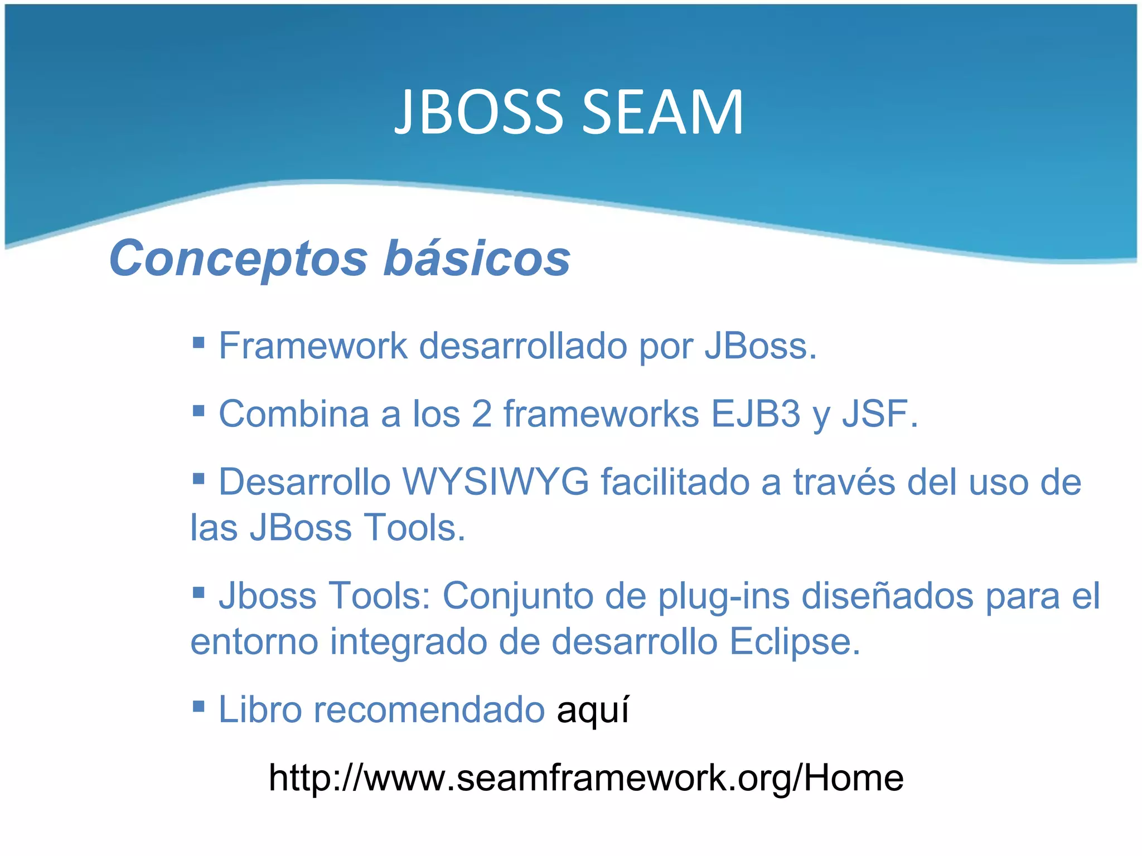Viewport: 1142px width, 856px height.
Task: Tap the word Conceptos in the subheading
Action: [x=239, y=259]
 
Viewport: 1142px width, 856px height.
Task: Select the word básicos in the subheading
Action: [x=477, y=259]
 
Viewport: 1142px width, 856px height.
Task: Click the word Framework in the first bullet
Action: [x=313, y=346]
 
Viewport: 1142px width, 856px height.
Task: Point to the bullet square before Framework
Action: [x=199, y=342]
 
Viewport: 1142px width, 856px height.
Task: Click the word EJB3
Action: [x=756, y=414]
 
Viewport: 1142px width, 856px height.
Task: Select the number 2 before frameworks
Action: [x=481, y=414]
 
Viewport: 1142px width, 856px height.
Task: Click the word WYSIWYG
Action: [x=496, y=482]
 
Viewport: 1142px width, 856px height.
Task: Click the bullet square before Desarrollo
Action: [x=199, y=478]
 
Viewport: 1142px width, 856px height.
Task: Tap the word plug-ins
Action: [x=724, y=596]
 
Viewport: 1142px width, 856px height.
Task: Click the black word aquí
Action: [x=593, y=710]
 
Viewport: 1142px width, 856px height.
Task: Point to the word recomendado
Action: [x=429, y=710]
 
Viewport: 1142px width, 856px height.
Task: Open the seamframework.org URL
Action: [x=585, y=778]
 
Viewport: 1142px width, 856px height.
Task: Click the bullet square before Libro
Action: [x=199, y=706]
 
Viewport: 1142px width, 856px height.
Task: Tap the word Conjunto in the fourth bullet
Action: [x=518, y=596]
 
